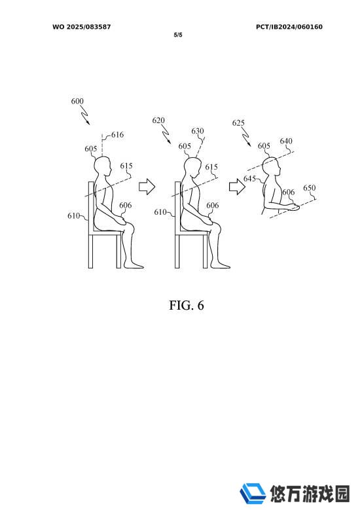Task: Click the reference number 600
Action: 77,101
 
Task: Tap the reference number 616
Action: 117,134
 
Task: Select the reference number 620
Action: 158,120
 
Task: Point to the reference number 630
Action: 198,131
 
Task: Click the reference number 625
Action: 238,122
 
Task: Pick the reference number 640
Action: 286,141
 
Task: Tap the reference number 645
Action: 249,179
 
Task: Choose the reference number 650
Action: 309,188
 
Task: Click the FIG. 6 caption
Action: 187,305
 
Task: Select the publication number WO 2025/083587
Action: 82,27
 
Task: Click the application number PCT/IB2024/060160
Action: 289,27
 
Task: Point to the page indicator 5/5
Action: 178,35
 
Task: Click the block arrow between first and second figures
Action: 147,187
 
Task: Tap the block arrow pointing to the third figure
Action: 238,187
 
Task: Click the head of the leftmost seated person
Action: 103,166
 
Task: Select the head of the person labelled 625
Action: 272,168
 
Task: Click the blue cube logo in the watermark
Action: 253,492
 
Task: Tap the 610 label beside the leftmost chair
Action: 73,215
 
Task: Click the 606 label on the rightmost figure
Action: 289,192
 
